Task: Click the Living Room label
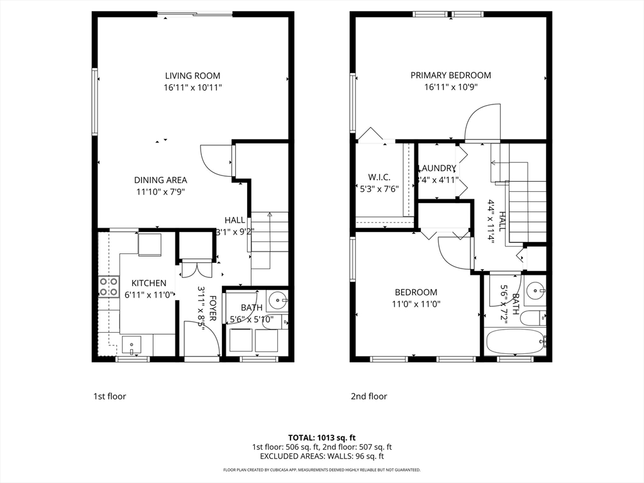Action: click(193, 75)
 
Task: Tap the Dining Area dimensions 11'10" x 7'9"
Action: click(160, 192)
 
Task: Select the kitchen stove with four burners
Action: click(108, 287)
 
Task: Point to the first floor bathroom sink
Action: click(276, 301)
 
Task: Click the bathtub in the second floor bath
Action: click(514, 343)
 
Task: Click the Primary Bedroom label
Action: click(450, 75)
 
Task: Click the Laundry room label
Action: click(436, 169)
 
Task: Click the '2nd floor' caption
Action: click(369, 396)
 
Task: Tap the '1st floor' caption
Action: click(109, 396)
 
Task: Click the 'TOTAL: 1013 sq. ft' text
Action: click(321, 437)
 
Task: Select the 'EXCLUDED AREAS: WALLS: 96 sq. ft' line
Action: click(321, 456)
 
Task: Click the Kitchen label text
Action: click(149, 284)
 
